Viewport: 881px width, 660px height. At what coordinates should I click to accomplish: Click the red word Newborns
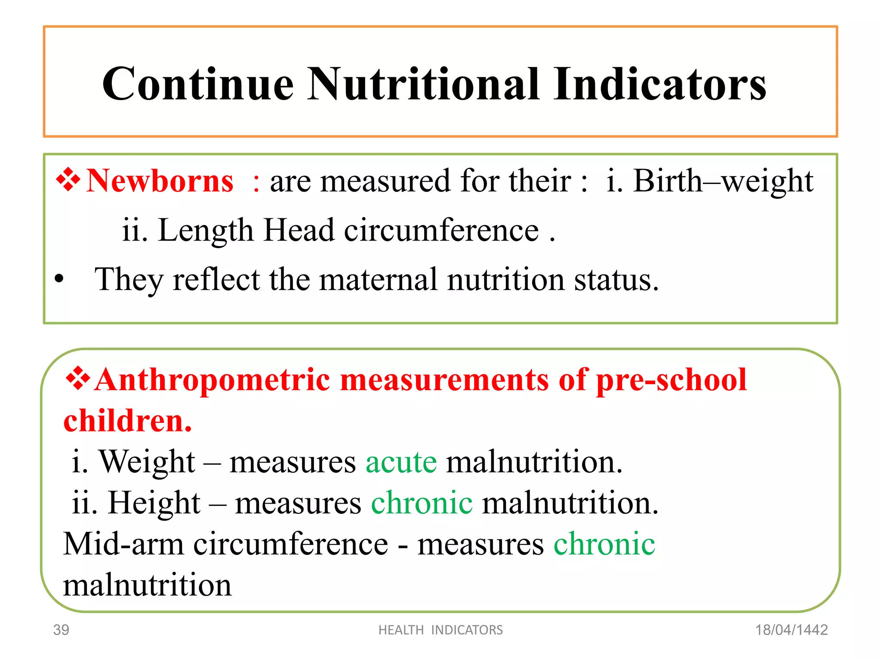click(160, 181)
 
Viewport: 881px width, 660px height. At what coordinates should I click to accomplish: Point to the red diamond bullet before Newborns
click(68, 180)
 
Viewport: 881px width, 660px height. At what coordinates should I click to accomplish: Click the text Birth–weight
click(723, 181)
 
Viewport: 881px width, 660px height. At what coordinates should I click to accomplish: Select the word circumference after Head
click(441, 230)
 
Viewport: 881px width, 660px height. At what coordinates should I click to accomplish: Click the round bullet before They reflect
click(59, 280)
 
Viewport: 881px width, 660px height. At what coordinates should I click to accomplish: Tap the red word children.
click(127, 421)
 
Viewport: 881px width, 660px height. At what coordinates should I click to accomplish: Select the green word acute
click(401, 462)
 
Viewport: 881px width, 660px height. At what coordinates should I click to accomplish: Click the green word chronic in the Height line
click(422, 503)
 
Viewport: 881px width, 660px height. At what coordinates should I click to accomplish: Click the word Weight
click(147, 462)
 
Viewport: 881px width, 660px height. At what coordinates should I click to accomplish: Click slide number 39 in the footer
click(61, 630)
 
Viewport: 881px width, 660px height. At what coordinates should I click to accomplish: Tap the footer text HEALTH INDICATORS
click(440, 630)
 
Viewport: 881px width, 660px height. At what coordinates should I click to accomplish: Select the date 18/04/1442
click(792, 630)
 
